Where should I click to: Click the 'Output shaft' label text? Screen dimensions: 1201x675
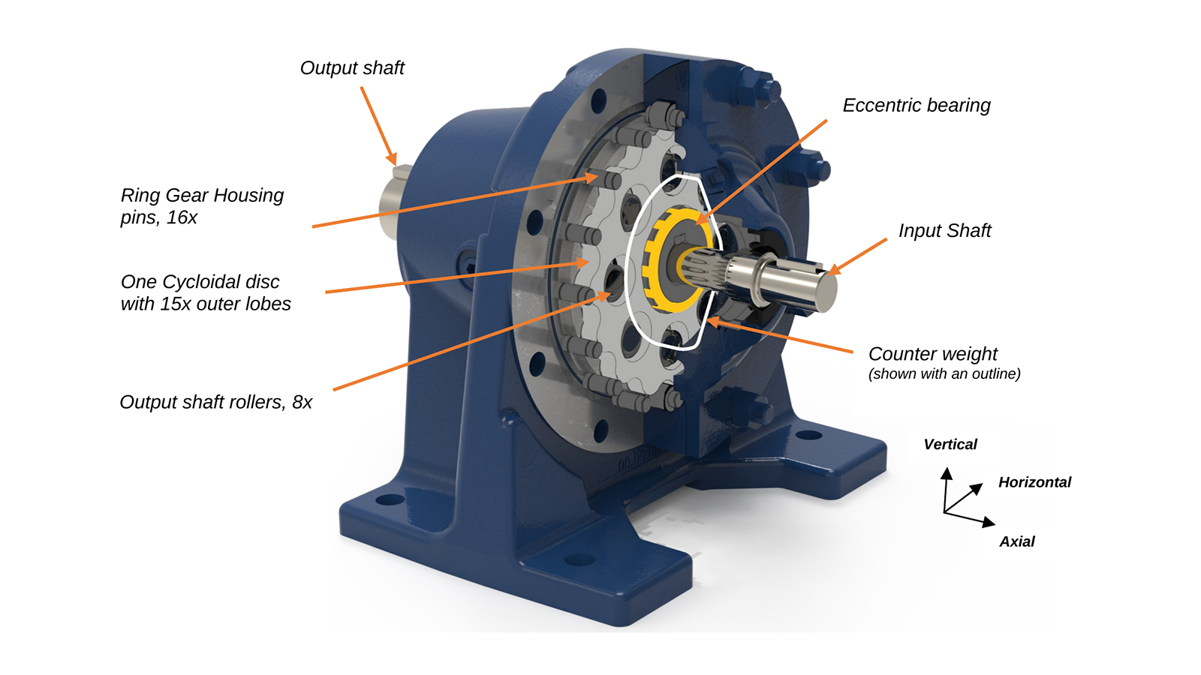tap(352, 68)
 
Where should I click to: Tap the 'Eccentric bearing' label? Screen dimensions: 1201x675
tap(917, 106)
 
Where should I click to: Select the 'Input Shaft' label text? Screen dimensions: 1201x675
tap(945, 231)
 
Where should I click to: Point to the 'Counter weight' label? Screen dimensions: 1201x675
tap(933, 353)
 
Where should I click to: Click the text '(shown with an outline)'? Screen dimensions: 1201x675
tap(944, 374)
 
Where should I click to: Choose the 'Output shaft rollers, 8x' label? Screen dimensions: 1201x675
tap(215, 402)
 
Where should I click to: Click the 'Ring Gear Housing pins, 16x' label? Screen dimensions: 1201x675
tap(202, 206)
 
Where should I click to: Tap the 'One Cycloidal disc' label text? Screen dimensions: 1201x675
tap(200, 282)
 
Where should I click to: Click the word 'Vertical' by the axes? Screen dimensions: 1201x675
tap(950, 445)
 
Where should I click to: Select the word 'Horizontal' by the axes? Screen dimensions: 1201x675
tap(1034, 482)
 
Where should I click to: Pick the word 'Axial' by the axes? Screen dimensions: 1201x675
tap(1016, 541)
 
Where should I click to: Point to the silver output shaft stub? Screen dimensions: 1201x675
tap(394, 202)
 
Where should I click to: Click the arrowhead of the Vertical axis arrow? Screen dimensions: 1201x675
tap(947, 473)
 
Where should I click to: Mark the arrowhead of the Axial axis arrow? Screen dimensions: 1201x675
tap(989, 522)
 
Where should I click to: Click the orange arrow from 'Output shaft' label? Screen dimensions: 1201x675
tap(378, 127)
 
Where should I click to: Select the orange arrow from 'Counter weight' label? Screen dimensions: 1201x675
tap(780, 336)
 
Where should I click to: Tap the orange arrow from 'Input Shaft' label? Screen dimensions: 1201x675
tap(856, 257)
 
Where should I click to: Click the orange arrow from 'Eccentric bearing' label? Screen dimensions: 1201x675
tap(761, 172)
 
